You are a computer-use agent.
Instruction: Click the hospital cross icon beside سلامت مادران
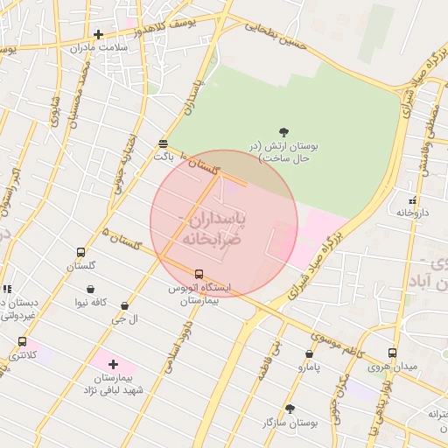point(98,35)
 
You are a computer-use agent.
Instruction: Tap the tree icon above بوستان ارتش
point(283,132)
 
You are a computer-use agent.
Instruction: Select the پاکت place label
point(164,157)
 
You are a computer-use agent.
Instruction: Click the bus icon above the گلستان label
point(81,252)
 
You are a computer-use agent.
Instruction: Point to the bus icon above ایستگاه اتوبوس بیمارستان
point(199,274)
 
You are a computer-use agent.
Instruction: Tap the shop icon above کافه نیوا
point(91,289)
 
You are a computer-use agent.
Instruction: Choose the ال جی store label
point(124,319)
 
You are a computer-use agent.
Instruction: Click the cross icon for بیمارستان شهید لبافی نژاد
point(113,363)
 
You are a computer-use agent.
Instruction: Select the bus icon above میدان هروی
point(392,353)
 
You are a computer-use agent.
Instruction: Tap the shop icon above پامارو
point(309,353)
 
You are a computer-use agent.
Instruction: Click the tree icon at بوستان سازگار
point(290,409)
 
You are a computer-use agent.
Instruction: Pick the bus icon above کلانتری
point(22,342)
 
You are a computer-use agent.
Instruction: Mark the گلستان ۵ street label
point(122,239)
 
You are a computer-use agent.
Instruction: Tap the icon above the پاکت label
point(164,143)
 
